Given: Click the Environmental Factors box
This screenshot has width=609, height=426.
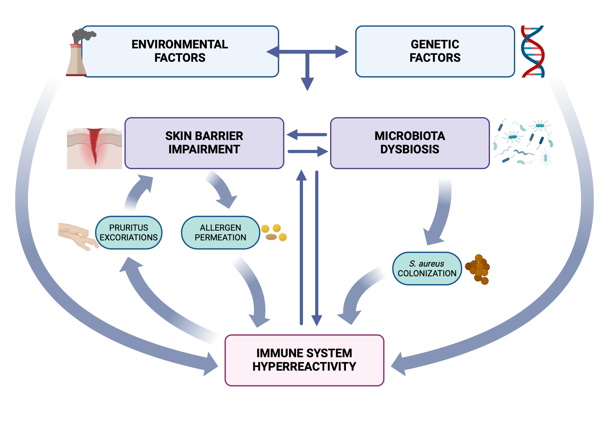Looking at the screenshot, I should pos(180,51).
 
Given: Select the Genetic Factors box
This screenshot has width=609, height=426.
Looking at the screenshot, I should pos(435,51).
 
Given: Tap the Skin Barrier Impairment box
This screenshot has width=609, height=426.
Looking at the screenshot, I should pos(204,143).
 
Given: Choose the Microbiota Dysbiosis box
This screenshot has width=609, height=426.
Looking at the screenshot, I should pos(410,143).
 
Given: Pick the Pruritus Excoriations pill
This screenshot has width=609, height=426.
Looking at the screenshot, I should pos(128,233).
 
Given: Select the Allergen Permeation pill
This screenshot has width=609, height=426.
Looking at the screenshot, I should pos(220,233).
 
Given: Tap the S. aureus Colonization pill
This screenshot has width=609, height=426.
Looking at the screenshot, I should pos(427,269).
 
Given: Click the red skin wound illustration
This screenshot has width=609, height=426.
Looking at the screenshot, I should pos(94,148).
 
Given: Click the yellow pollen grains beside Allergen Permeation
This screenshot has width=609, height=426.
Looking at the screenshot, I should pos(274,232).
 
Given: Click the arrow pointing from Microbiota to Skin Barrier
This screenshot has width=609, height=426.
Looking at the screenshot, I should pos(306,134).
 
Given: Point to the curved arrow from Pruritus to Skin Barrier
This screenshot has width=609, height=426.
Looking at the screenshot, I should pos(137,192).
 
